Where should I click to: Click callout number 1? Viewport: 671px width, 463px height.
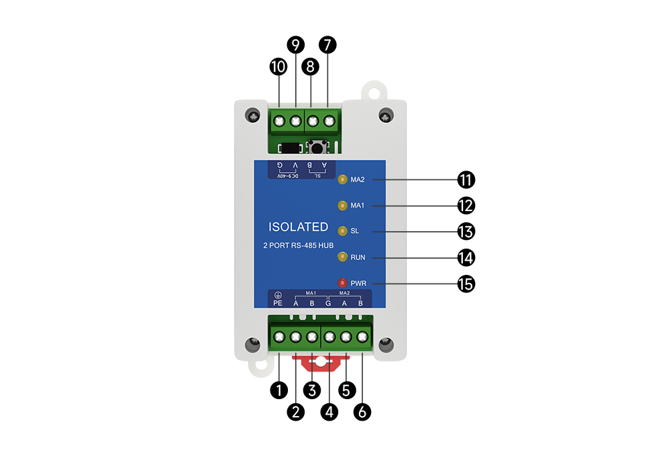(278, 388)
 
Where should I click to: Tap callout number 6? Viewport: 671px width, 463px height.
(362, 411)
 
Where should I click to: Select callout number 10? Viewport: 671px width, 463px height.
(278, 67)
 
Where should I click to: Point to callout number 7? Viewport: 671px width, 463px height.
(327, 45)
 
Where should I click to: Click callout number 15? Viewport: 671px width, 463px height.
(466, 284)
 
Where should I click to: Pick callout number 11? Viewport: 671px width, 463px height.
(466, 180)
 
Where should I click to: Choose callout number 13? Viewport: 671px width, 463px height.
(466, 232)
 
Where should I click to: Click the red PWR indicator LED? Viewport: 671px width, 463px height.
(342, 283)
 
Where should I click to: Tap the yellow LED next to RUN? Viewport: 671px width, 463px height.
(342, 257)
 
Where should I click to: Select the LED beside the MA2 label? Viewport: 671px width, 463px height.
(342, 179)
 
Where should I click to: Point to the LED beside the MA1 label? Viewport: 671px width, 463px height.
(342, 205)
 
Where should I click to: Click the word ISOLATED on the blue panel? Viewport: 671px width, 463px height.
(298, 227)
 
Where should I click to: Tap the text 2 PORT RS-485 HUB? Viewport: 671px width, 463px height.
(298, 246)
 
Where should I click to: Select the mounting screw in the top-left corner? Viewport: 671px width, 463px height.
(252, 116)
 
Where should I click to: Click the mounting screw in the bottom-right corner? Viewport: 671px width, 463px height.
(385, 345)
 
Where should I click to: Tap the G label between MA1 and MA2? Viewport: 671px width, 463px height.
(328, 303)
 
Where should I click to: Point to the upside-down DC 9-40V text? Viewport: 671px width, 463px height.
(287, 176)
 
